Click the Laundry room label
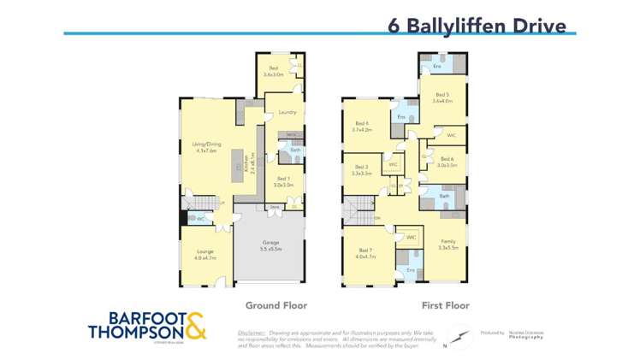click(x=287, y=112)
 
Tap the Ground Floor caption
click(x=276, y=304)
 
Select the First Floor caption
click(x=445, y=304)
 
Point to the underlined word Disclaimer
click(x=252, y=333)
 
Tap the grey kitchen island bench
click(x=238, y=170)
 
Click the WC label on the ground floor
click(x=200, y=219)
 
